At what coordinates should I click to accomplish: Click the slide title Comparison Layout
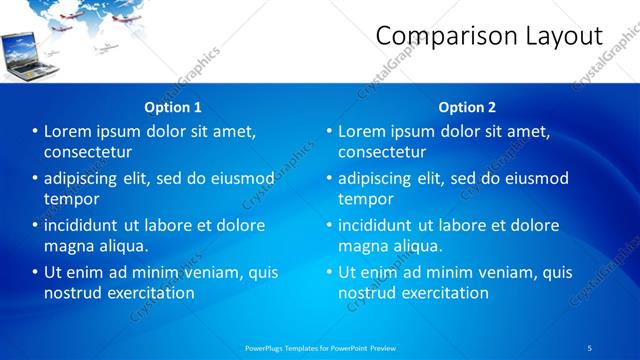pyautogui.click(x=489, y=37)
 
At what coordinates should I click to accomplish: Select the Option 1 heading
pyautogui.click(x=173, y=107)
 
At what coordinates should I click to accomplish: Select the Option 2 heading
pyautogui.click(x=467, y=107)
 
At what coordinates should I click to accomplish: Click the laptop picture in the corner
pyautogui.click(x=23, y=54)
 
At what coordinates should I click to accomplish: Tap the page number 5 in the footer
pyautogui.click(x=590, y=347)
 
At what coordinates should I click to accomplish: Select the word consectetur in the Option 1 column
pyautogui.click(x=88, y=152)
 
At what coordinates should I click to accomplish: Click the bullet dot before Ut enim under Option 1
pyautogui.click(x=35, y=272)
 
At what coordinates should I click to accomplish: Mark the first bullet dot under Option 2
pyautogui.click(x=329, y=131)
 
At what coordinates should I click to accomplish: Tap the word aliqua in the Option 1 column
pyautogui.click(x=122, y=246)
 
